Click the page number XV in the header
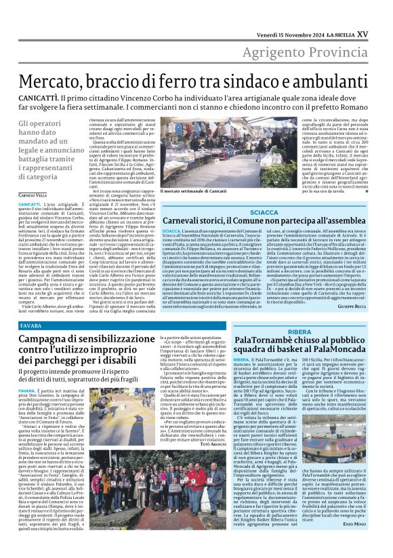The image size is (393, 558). pyautogui.click(x=381, y=14)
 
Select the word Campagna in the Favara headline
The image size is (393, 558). pyautogui.click(x=47, y=339)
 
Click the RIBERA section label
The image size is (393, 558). pyautogui.click(x=299, y=332)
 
